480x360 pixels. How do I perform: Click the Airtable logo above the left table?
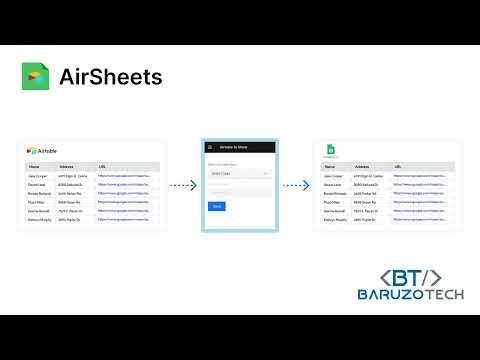tap(45, 150)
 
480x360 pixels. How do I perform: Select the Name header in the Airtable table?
tap(34, 167)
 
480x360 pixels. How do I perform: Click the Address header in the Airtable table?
tap(67, 167)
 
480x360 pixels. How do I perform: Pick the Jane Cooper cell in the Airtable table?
tap(38, 176)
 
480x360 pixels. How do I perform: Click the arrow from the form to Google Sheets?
tap(296, 185)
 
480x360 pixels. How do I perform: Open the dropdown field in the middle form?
tap(239, 172)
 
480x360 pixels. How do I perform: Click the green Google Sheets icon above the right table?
tap(331, 151)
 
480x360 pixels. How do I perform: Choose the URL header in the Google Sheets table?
tap(398, 167)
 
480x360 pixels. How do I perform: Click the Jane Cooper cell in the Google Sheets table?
tap(333, 176)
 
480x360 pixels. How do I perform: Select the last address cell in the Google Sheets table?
tap(367, 220)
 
